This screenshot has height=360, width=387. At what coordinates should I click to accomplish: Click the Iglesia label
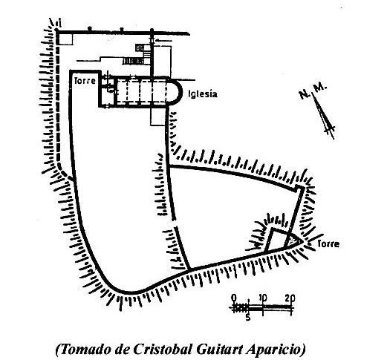tap(203, 94)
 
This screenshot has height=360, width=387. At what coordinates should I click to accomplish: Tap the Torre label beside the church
tap(85, 81)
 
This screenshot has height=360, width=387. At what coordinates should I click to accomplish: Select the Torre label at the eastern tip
tap(328, 244)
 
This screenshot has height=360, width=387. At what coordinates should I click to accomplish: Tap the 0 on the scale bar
tap(234, 298)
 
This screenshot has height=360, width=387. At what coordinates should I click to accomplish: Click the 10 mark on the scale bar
tap(263, 298)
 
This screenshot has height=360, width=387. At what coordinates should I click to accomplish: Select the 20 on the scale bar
tap(290, 298)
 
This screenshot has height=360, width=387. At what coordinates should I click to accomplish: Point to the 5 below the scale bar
tap(248, 317)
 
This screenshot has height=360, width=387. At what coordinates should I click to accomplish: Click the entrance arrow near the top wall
tap(163, 41)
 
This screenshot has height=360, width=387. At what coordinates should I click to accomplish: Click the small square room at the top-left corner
tap(66, 39)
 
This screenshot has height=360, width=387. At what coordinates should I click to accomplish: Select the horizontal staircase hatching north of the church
tap(133, 61)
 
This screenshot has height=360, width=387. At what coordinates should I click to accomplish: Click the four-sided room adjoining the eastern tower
tap(276, 240)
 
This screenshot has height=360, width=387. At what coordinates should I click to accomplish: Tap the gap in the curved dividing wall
tap(175, 223)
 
